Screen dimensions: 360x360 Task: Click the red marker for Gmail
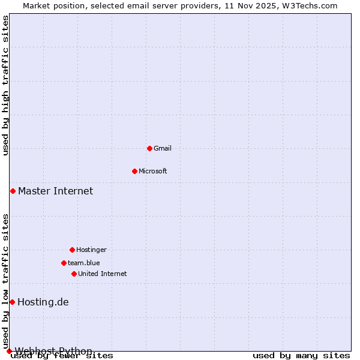149,148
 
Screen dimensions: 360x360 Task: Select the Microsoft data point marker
134,171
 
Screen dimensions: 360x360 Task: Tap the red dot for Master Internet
13,191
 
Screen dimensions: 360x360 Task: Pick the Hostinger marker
72,250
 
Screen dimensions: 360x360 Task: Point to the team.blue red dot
64,263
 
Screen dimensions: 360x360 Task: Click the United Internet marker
74,274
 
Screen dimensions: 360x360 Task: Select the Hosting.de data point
12,302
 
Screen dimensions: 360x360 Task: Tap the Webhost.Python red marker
9,351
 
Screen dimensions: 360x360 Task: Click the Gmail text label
163,148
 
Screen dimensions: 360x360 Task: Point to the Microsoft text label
153,171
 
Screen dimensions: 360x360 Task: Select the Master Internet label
55,191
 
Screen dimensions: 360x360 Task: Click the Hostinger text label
91,250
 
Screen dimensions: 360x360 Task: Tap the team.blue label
84,263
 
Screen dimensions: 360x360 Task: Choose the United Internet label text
103,274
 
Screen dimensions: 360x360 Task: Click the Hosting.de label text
43,302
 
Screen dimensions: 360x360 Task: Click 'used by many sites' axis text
301,356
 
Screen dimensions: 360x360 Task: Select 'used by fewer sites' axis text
62,356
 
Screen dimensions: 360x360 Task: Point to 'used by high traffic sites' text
6,86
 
